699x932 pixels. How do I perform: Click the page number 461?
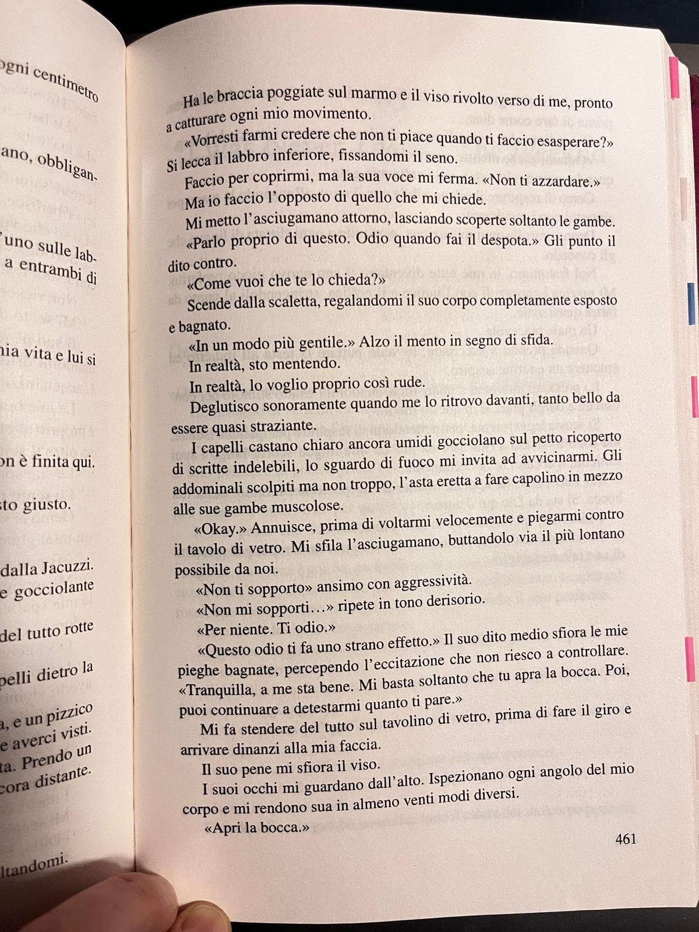tap(625, 839)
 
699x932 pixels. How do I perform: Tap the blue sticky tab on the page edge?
tap(691, 303)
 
